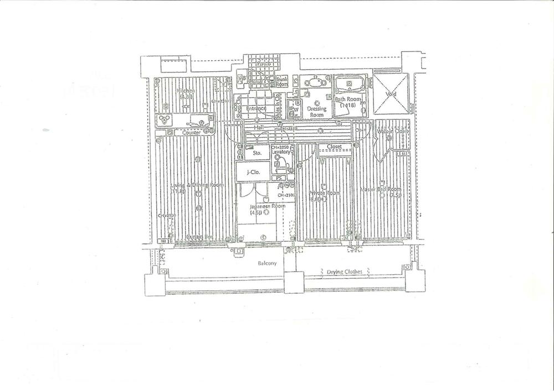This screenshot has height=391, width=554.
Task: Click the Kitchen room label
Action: click(186, 91)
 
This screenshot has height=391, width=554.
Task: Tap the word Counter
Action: click(191, 133)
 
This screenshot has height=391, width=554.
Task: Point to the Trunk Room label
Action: click(282, 82)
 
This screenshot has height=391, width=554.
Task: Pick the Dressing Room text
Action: click(317, 111)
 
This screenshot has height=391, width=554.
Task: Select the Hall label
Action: click(258, 128)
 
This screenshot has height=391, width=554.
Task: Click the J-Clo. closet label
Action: click(253, 171)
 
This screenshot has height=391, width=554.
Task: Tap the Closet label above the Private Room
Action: click(334, 147)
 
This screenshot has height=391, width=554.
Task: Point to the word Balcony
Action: click(266, 263)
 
